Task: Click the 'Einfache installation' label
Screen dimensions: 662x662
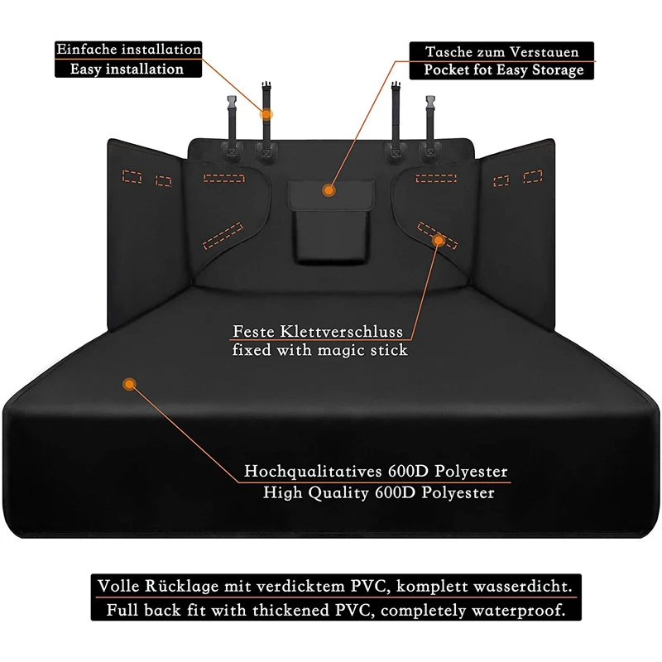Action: tap(128, 49)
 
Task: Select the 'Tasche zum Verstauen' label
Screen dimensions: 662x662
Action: tap(502, 51)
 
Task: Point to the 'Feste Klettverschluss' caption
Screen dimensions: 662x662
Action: tap(318, 332)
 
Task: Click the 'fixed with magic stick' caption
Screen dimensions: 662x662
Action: tap(320, 350)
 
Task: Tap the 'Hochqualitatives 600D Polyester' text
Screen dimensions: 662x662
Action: tap(376, 473)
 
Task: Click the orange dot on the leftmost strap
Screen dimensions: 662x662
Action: tap(267, 113)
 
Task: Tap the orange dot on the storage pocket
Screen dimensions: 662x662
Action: tap(329, 190)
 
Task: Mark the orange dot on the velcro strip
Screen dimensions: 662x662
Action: tap(439, 241)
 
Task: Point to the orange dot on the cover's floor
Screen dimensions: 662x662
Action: tap(127, 383)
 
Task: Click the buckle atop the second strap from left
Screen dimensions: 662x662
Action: tap(267, 89)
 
